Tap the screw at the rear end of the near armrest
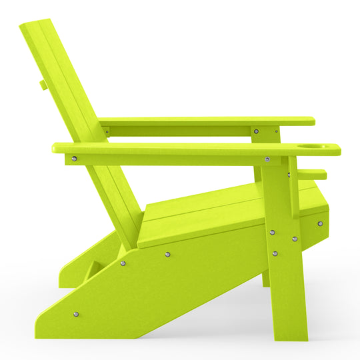point(74,159)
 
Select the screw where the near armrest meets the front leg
point(267,159)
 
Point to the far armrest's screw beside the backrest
point(107,131)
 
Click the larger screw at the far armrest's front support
point(256,131)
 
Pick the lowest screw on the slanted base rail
point(75,313)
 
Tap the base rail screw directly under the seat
point(167,254)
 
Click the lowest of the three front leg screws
point(275,253)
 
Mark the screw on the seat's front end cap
point(320,223)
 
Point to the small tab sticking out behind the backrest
point(43,85)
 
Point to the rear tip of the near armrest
point(55,149)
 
